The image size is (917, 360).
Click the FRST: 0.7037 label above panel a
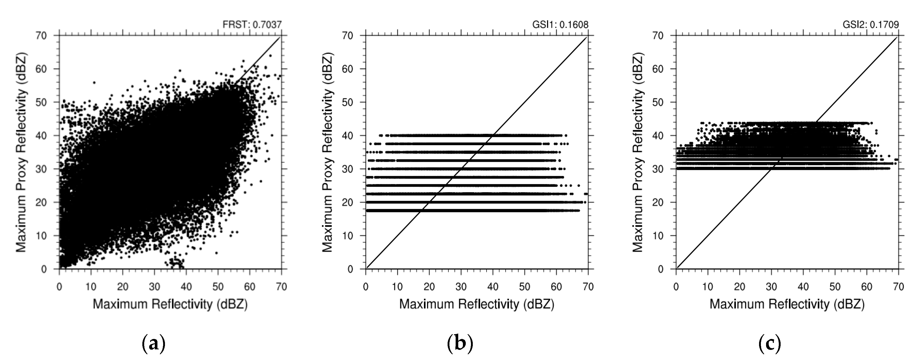(252, 25)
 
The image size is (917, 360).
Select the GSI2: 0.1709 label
(870, 25)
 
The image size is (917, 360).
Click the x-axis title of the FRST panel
(170, 304)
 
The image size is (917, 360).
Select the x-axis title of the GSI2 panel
(787, 304)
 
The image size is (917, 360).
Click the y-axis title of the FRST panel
(21, 153)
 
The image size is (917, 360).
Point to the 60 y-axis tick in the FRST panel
(41, 69)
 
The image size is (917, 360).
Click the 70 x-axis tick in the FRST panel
(281, 287)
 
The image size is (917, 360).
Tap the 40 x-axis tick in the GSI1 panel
(493, 287)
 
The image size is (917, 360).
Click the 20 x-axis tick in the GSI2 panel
(739, 287)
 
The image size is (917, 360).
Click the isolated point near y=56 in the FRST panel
(94, 83)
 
